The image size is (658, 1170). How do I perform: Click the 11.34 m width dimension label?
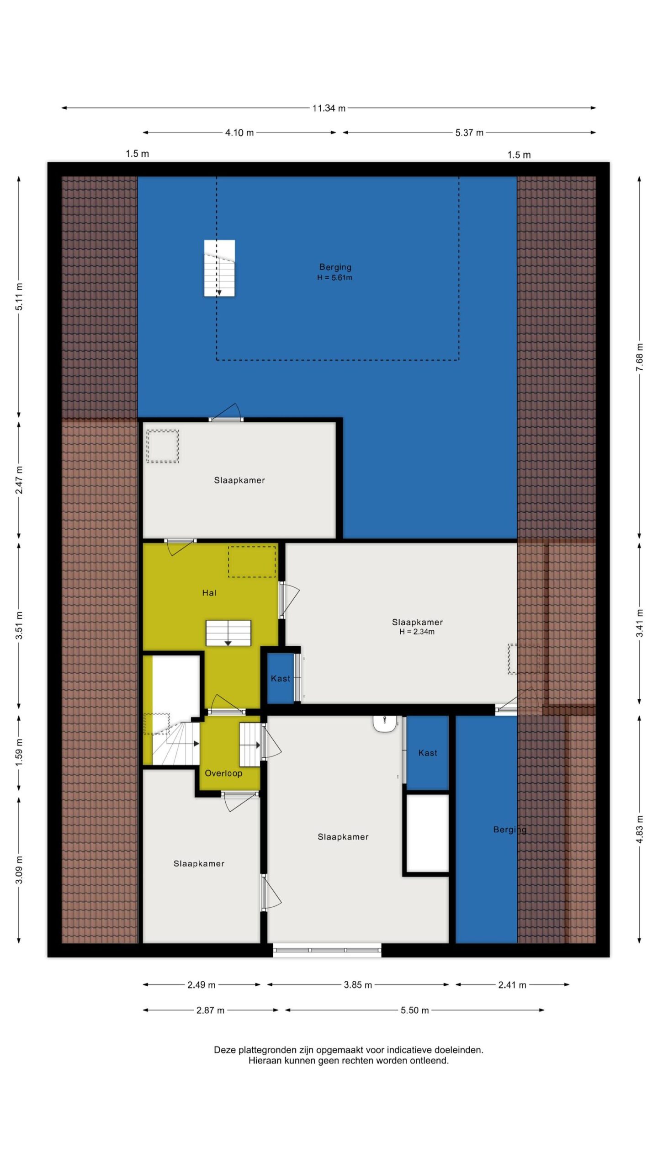coord(329,108)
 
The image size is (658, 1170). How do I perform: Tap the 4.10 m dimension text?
coord(239,133)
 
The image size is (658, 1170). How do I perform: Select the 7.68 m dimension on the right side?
coord(640,357)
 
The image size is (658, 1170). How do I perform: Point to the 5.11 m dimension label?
coord(19,297)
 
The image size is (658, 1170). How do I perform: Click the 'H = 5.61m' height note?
coord(334,277)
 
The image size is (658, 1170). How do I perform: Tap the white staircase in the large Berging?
coord(219,268)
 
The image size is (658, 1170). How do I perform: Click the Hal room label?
coord(209,593)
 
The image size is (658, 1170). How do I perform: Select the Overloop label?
coord(223,773)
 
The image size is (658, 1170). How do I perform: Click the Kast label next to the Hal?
coord(280,678)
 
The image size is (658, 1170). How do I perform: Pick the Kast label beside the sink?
coord(428,753)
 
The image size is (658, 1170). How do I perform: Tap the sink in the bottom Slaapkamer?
coord(384,724)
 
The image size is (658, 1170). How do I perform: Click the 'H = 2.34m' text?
coord(417,632)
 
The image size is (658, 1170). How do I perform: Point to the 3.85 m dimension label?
coord(358,985)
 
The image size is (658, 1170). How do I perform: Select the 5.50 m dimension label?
coord(414,1010)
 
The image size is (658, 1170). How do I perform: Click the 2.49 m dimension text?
coord(201,985)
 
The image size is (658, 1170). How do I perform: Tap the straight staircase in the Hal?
coord(228,633)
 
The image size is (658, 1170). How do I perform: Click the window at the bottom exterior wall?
coord(327,950)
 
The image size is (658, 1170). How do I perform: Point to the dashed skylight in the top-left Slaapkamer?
coord(162,446)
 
